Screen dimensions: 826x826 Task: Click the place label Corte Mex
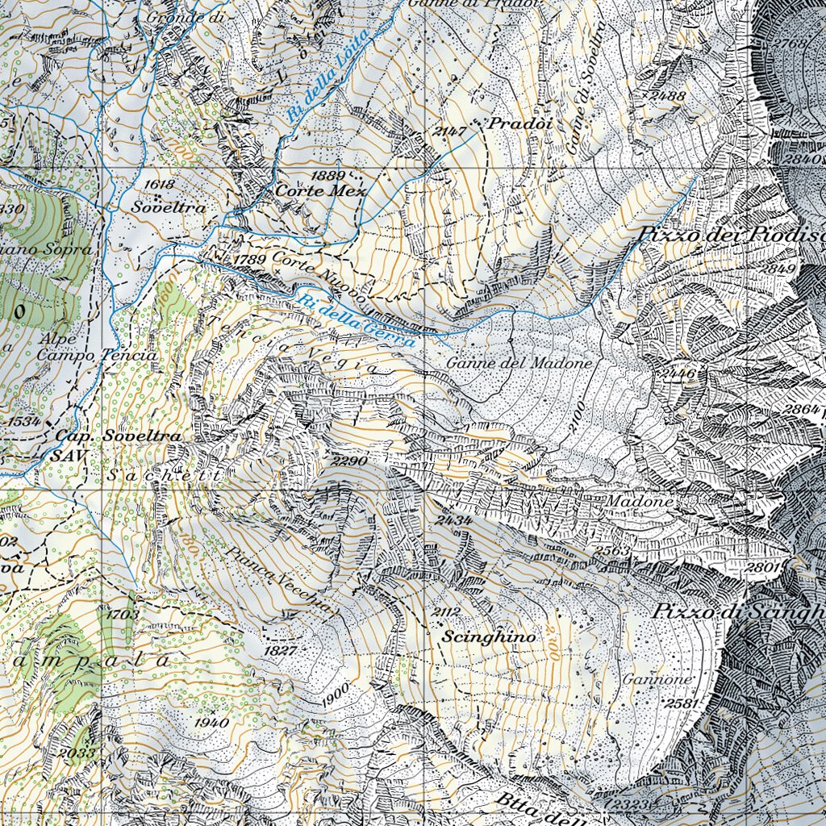pyautogui.click(x=320, y=192)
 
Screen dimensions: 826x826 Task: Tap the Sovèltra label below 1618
pyautogui.click(x=170, y=207)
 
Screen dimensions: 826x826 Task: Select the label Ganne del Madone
pyautogui.click(x=519, y=364)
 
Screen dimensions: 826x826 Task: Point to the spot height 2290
pyautogui.click(x=349, y=461)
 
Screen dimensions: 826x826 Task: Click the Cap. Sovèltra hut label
pyautogui.click(x=117, y=436)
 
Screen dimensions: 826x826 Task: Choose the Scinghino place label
pyautogui.click(x=489, y=636)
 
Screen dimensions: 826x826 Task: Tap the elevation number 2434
pyautogui.click(x=453, y=521)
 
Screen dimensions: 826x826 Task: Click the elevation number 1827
pyautogui.click(x=280, y=650)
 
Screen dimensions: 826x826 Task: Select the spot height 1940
pyautogui.click(x=211, y=723)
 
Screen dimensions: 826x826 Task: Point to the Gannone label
pyautogui.click(x=657, y=680)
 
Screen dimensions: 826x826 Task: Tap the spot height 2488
pyautogui.click(x=667, y=96)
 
